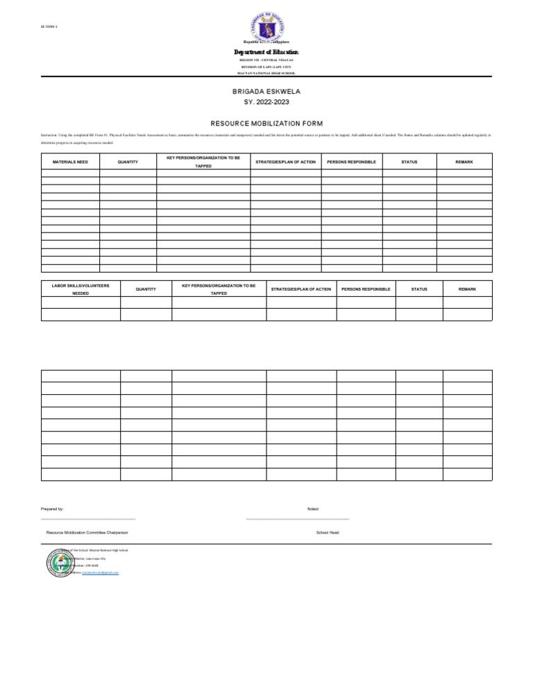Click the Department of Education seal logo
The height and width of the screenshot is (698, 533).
point(266,28)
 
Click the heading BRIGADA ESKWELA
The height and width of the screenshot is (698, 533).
point(266,92)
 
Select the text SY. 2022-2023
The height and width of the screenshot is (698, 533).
point(266,102)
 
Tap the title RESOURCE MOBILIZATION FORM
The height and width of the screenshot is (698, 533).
point(266,123)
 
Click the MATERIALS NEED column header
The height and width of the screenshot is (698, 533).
point(70,162)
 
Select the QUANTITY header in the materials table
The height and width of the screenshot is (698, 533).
point(128,162)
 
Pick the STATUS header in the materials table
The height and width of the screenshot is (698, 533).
point(409,162)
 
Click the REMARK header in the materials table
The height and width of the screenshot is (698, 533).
point(464,162)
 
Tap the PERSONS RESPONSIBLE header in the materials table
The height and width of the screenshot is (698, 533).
point(351,162)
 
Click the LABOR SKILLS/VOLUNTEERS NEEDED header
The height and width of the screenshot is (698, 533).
point(81,289)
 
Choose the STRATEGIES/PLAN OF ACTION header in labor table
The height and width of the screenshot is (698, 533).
point(301,289)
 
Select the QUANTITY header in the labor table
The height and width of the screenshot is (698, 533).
point(146,289)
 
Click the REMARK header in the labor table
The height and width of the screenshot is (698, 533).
point(467,289)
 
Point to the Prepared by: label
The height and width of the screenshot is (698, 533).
point(53,509)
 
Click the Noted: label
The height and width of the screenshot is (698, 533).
point(313,509)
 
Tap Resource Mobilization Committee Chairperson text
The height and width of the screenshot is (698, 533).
point(87,532)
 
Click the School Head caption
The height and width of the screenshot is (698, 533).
point(328,532)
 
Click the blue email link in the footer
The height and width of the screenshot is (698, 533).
point(101,573)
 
